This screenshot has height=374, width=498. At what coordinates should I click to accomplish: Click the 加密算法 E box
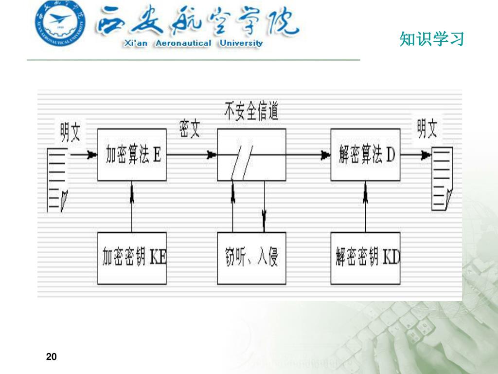click(x=132, y=155)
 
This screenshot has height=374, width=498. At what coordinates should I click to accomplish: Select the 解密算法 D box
click(x=365, y=155)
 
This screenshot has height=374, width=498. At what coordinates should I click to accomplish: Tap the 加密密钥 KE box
click(x=132, y=258)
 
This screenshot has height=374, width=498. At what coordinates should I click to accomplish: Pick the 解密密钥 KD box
click(x=365, y=258)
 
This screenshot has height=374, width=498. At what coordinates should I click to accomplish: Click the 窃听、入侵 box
click(x=251, y=258)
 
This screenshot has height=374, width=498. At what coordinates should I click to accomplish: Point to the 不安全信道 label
click(x=251, y=112)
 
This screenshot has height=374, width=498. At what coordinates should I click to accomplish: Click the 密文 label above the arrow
click(x=190, y=129)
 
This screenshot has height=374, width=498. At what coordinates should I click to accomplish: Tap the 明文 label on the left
click(x=71, y=132)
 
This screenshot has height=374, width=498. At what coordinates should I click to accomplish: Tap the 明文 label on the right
click(x=427, y=129)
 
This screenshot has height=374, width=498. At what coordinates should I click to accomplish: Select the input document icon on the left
click(x=57, y=180)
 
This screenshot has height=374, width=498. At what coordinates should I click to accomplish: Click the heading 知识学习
click(x=432, y=38)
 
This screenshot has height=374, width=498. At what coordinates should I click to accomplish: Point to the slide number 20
click(x=52, y=357)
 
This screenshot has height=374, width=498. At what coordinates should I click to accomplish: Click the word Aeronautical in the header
click(x=183, y=43)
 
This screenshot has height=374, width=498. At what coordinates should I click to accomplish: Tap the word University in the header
click(x=241, y=43)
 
